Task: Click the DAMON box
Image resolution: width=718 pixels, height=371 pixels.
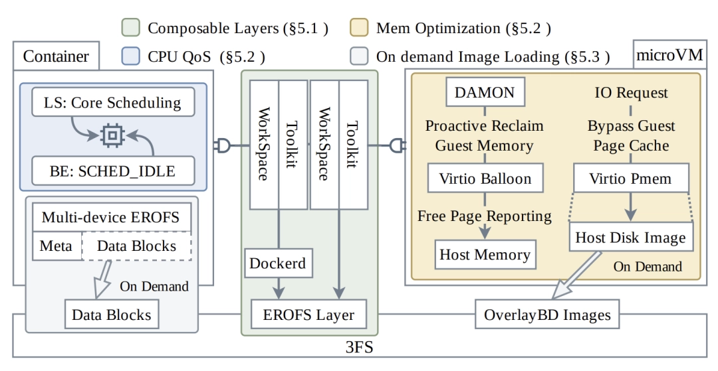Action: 485,92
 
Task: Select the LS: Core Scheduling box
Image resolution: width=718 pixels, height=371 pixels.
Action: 113,102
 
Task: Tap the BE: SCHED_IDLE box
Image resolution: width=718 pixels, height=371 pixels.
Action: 113,171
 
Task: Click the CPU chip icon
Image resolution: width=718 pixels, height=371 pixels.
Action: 112,135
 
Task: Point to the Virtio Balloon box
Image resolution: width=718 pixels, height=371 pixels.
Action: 485,178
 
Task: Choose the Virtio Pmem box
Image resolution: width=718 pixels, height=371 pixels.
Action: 631,178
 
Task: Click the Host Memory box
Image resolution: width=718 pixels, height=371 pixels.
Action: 485,254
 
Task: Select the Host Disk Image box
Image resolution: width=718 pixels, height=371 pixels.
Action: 631,237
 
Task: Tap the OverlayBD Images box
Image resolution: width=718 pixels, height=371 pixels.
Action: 547,315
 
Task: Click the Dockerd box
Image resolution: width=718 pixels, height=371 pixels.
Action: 279,263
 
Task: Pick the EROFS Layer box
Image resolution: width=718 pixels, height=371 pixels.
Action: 308,315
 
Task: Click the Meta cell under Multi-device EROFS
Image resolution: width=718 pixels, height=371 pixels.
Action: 57,246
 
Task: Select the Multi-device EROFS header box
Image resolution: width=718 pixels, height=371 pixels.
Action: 112,217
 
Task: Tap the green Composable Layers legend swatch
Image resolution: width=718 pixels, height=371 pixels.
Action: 130,27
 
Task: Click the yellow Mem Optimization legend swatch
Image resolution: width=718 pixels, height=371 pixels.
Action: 359,27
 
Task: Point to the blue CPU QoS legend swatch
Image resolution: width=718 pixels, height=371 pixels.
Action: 130,56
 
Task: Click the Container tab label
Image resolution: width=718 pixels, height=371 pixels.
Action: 56,56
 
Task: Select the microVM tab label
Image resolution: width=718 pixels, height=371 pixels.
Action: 669,55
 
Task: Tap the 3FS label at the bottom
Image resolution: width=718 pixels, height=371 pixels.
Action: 360,347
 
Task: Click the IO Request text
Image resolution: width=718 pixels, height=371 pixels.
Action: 631,92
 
